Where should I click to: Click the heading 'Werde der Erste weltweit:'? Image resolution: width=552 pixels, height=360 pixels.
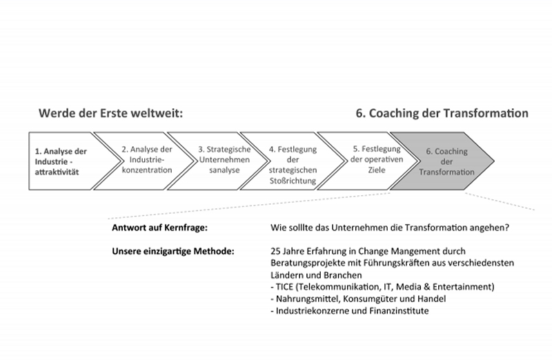(x=111, y=113)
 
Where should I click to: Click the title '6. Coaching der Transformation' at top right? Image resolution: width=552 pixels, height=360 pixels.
(x=442, y=113)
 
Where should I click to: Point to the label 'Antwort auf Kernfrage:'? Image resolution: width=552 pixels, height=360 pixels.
(x=160, y=228)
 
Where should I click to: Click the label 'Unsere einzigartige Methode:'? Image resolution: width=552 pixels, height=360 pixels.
(x=173, y=251)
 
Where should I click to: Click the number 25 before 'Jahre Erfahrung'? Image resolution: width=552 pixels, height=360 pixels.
(x=275, y=251)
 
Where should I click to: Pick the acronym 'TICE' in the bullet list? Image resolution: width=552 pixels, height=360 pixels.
(x=284, y=287)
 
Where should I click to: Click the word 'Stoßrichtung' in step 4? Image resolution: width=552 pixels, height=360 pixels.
(x=293, y=181)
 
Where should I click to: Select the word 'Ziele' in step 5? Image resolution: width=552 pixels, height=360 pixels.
(x=377, y=170)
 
